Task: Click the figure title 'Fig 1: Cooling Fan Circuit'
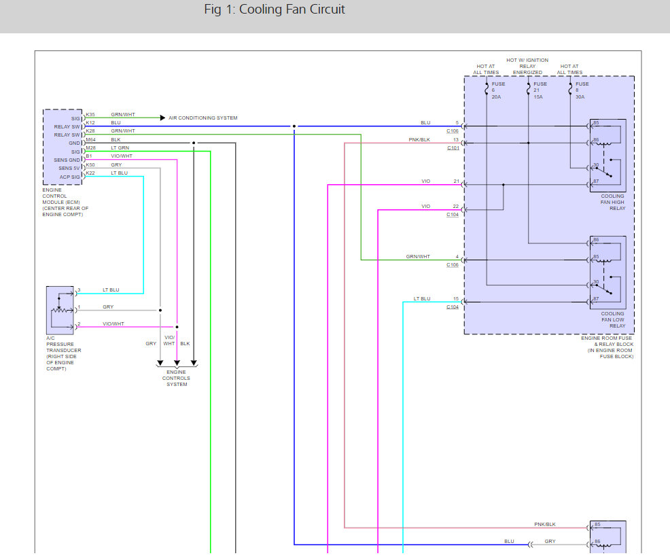(x=275, y=10)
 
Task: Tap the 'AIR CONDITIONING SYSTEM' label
(x=203, y=118)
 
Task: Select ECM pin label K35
(x=90, y=115)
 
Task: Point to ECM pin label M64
(x=90, y=140)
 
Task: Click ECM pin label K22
(x=90, y=173)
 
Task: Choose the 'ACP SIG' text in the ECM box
(x=69, y=177)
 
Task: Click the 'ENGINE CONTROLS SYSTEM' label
(x=177, y=379)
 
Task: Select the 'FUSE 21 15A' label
(x=540, y=90)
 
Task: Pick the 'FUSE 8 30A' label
(x=582, y=90)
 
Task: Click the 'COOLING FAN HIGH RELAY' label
(x=613, y=203)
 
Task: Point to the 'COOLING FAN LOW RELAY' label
(x=613, y=319)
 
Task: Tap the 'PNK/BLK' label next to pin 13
(x=419, y=140)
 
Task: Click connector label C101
(x=453, y=148)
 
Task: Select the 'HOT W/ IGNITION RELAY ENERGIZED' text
(x=527, y=66)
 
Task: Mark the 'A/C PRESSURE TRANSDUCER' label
(x=64, y=353)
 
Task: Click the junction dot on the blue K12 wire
(x=294, y=126)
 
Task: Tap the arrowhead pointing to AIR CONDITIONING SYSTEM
(x=162, y=118)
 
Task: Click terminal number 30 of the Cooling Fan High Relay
(x=596, y=165)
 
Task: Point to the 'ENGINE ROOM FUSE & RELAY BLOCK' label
(x=607, y=347)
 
